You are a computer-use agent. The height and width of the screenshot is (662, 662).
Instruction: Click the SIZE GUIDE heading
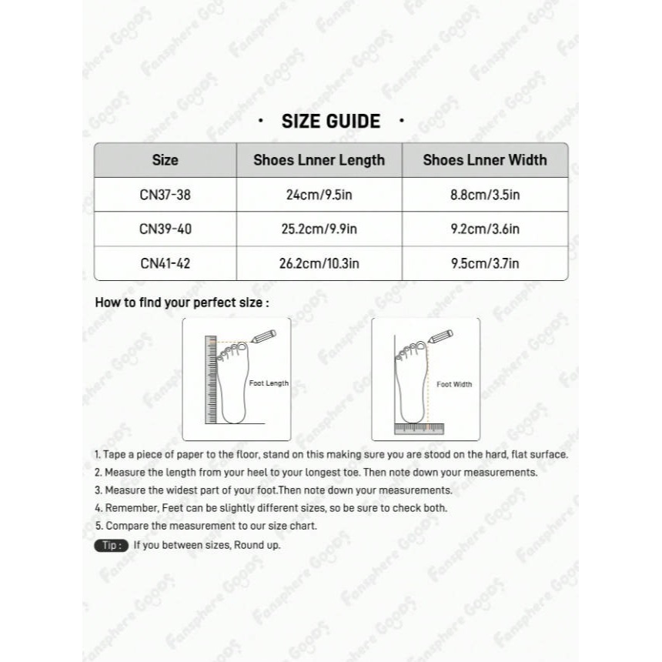tap(331, 121)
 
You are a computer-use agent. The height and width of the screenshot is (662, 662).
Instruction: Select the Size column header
tap(165, 160)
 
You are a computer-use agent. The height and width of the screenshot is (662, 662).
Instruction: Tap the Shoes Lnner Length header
tap(319, 160)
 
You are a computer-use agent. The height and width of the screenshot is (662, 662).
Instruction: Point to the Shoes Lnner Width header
tap(485, 160)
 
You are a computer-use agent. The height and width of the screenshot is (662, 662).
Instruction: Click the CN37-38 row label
tap(165, 195)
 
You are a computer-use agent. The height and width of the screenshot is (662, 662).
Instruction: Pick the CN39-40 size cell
tap(165, 229)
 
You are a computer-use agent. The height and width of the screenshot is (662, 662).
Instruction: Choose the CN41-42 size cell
tap(165, 263)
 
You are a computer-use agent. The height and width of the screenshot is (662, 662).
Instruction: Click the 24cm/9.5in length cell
tap(319, 195)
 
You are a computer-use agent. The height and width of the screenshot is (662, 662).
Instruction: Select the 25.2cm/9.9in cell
tap(319, 229)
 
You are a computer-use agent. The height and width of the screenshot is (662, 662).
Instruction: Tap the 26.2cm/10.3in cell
tap(319, 263)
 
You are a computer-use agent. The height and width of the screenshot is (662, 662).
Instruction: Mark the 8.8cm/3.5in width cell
tap(485, 195)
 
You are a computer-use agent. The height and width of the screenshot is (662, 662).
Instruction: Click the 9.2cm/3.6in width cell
tap(485, 229)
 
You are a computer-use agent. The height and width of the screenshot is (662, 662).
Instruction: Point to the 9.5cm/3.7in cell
tap(485, 263)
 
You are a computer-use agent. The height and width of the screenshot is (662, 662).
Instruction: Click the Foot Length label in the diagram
tap(269, 383)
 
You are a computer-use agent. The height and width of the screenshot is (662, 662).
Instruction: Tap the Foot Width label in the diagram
tap(454, 384)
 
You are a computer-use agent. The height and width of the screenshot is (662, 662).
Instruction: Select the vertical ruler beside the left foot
tap(210, 379)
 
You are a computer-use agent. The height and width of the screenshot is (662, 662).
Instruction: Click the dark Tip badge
tap(110, 545)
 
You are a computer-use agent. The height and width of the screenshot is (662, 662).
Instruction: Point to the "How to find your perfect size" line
tap(182, 303)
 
